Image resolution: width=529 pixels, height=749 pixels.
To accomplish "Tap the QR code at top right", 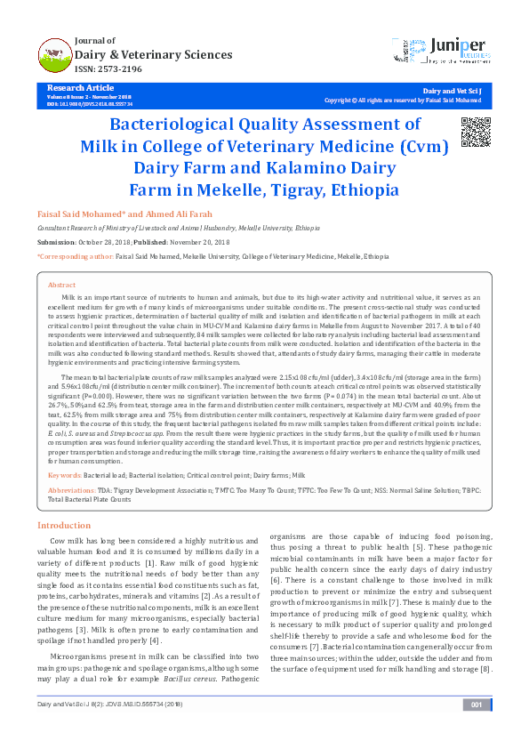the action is [477, 131].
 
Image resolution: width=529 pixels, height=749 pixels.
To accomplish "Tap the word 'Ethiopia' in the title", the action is [366, 189].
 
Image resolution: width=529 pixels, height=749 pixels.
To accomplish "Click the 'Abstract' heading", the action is [61, 285].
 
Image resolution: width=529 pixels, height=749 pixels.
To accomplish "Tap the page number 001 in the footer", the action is [476, 730].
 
